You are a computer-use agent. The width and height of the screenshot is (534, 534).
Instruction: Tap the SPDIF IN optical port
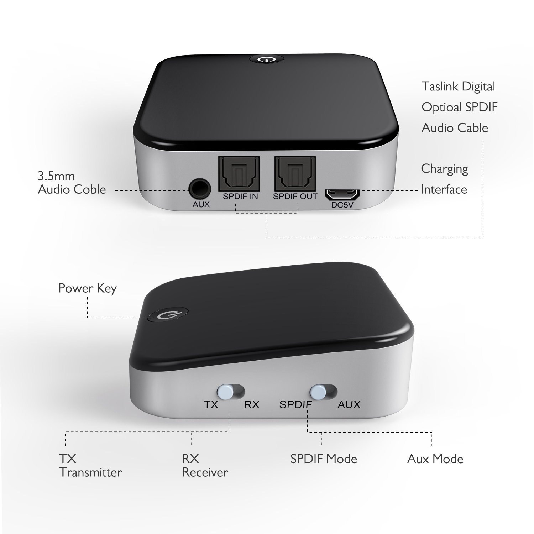pos(239,174)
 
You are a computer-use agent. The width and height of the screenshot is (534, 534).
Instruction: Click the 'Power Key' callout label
pos(88,288)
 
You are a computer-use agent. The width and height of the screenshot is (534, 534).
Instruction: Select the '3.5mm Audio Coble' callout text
pos(72,183)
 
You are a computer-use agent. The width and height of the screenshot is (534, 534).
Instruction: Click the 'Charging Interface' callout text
pos(444,179)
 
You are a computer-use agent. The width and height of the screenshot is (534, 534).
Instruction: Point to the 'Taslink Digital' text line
pos(459,87)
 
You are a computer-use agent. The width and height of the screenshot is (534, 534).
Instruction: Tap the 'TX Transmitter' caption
pos(90,465)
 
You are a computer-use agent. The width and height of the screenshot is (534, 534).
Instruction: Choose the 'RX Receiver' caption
pos(205,465)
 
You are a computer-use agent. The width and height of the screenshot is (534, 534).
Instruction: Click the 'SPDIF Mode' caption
pos(324,459)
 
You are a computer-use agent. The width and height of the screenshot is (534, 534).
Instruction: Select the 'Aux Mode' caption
pos(435,459)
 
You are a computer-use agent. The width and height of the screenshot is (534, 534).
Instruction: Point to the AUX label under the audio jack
pos(201,204)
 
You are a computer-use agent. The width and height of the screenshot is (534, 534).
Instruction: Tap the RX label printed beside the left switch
pos(251,404)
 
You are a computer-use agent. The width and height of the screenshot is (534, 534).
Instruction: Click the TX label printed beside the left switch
pos(211,404)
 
